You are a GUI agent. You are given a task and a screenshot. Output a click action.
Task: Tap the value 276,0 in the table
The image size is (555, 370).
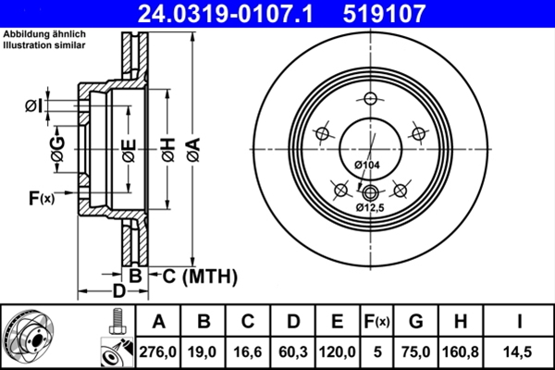click(158, 351)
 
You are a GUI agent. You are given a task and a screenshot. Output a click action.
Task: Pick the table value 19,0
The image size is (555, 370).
click(204, 351)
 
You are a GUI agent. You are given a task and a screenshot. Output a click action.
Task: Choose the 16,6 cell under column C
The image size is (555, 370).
click(249, 351)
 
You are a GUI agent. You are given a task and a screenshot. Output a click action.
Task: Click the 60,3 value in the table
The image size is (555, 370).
click(293, 351)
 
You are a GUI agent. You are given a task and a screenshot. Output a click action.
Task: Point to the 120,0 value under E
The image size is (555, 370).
click(338, 351)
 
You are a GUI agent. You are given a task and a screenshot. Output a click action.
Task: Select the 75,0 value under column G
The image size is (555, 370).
click(416, 351)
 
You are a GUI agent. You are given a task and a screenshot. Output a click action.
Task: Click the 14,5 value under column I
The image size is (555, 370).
click(519, 351)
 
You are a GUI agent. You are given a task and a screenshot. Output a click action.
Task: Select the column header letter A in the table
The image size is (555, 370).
click(158, 322)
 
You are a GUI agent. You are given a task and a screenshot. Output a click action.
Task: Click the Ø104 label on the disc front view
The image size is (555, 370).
click(367, 165)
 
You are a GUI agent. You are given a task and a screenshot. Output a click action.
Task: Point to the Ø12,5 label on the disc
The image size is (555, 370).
click(371, 208)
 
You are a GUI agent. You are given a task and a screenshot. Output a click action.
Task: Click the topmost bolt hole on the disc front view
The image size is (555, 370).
click(371, 100)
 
